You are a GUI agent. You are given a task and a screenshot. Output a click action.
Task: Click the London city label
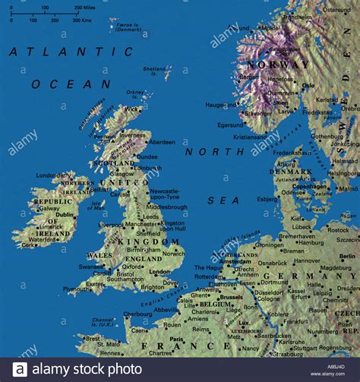(x=160, y=271)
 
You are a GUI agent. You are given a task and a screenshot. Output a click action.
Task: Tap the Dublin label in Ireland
(x=65, y=215)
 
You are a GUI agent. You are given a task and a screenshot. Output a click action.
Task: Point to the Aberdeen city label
(x=162, y=142)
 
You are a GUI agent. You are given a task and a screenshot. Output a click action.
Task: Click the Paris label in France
(x=176, y=339)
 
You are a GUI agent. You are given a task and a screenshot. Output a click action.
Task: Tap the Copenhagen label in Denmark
(x=310, y=186)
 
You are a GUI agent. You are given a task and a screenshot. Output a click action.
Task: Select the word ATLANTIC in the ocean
(x=71, y=52)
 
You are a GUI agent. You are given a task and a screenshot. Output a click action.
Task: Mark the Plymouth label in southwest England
(x=76, y=289)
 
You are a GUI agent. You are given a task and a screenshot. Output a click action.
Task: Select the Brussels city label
(x=231, y=298)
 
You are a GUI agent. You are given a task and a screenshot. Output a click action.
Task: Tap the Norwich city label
(x=173, y=252)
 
